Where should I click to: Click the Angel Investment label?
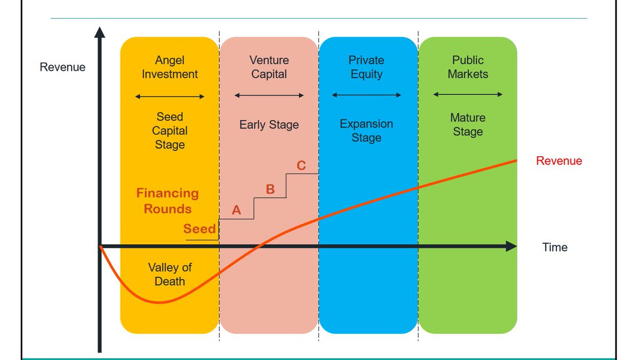pyautogui.click(x=170, y=68)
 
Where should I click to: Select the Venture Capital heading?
pyautogui.click(x=269, y=67)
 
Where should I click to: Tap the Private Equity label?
pyautogui.click(x=366, y=67)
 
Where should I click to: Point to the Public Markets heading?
pyautogui.click(x=468, y=67)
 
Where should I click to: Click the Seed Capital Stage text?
pyautogui.click(x=170, y=131)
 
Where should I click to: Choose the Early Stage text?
pyautogui.click(x=269, y=125)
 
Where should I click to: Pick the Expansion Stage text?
pyautogui.click(x=366, y=131)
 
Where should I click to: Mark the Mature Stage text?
pyautogui.click(x=468, y=125)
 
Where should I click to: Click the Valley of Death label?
pyautogui.click(x=170, y=274)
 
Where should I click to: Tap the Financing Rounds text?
pyautogui.click(x=167, y=201)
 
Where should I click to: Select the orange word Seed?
pyautogui.click(x=199, y=229)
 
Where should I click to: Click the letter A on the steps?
pyautogui.click(x=236, y=211)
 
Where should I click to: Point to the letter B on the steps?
pyautogui.click(x=270, y=189)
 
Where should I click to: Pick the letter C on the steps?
pyautogui.click(x=301, y=166)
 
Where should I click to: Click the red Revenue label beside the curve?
pyautogui.click(x=559, y=161)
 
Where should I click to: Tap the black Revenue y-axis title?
pyautogui.click(x=62, y=67)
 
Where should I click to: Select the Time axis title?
pyautogui.click(x=555, y=247)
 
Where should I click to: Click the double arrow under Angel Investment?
pyautogui.click(x=170, y=97)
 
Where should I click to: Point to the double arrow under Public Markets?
pyautogui.click(x=468, y=94)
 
